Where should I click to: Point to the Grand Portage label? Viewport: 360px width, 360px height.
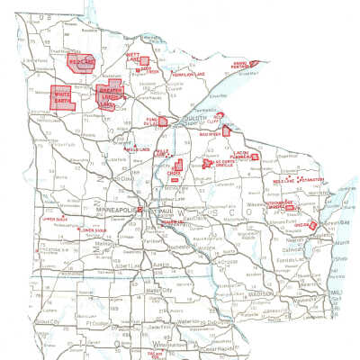[240, 65]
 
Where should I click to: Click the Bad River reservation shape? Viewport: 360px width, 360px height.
[226, 130]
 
